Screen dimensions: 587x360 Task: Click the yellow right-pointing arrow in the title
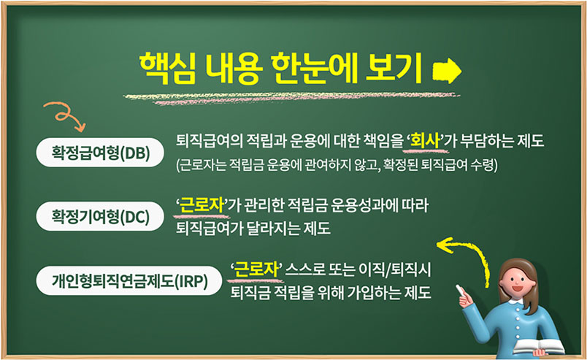pos(447,71)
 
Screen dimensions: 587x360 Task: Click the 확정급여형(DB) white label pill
pos(100,153)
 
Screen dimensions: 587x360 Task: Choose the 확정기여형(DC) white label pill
pos(100,216)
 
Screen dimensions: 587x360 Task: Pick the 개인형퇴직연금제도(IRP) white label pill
pos(129,280)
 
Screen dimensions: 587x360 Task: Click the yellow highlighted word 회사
pos(425,141)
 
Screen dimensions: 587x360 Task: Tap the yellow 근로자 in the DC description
pos(202,205)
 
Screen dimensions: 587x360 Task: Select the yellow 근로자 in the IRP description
pos(256,269)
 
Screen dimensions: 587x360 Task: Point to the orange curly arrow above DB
pos(64,115)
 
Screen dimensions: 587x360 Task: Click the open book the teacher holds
pos(538,347)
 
